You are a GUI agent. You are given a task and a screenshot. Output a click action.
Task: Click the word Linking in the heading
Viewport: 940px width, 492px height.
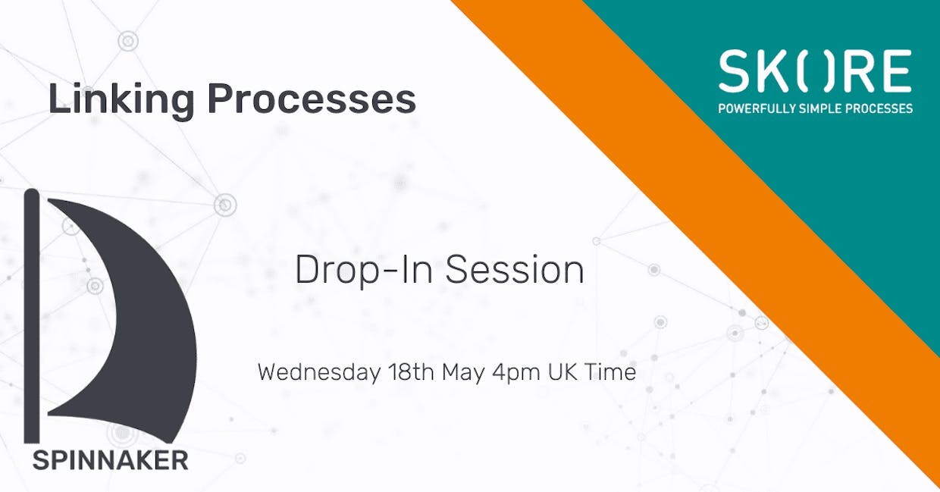click(x=121, y=101)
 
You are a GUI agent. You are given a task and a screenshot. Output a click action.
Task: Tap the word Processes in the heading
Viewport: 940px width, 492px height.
click(x=312, y=99)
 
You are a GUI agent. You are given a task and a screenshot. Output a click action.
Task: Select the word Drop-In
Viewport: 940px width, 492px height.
click(x=364, y=271)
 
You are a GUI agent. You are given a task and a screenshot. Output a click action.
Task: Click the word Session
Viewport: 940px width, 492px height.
click(x=515, y=270)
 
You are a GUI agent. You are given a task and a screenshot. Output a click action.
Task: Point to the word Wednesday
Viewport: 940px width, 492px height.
click(x=319, y=372)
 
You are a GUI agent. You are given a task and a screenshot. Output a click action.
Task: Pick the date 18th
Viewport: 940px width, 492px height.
click(x=411, y=372)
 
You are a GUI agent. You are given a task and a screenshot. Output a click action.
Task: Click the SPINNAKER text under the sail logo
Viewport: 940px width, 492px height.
click(x=111, y=460)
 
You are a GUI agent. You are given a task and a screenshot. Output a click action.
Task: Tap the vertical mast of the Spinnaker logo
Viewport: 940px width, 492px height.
click(x=32, y=315)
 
